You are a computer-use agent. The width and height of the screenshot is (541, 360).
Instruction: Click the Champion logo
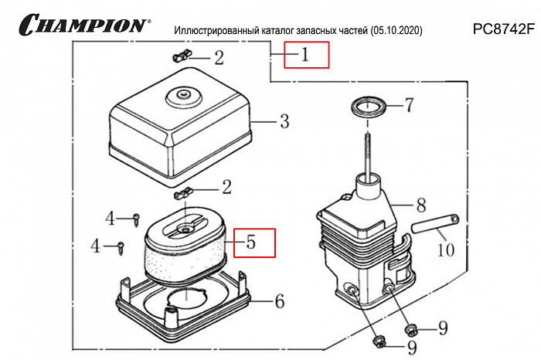click(82, 25)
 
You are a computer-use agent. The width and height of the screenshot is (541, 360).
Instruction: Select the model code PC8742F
click(504, 30)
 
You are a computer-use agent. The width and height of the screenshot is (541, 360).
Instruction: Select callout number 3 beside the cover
click(284, 121)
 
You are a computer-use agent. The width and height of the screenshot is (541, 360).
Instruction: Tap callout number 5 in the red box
click(250, 243)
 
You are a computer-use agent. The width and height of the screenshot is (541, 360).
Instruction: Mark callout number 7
click(410, 104)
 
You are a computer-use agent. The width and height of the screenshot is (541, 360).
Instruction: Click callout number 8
click(421, 206)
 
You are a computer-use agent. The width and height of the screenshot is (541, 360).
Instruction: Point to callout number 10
click(446, 250)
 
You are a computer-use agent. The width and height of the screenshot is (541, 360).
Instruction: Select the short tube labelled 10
click(435, 225)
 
